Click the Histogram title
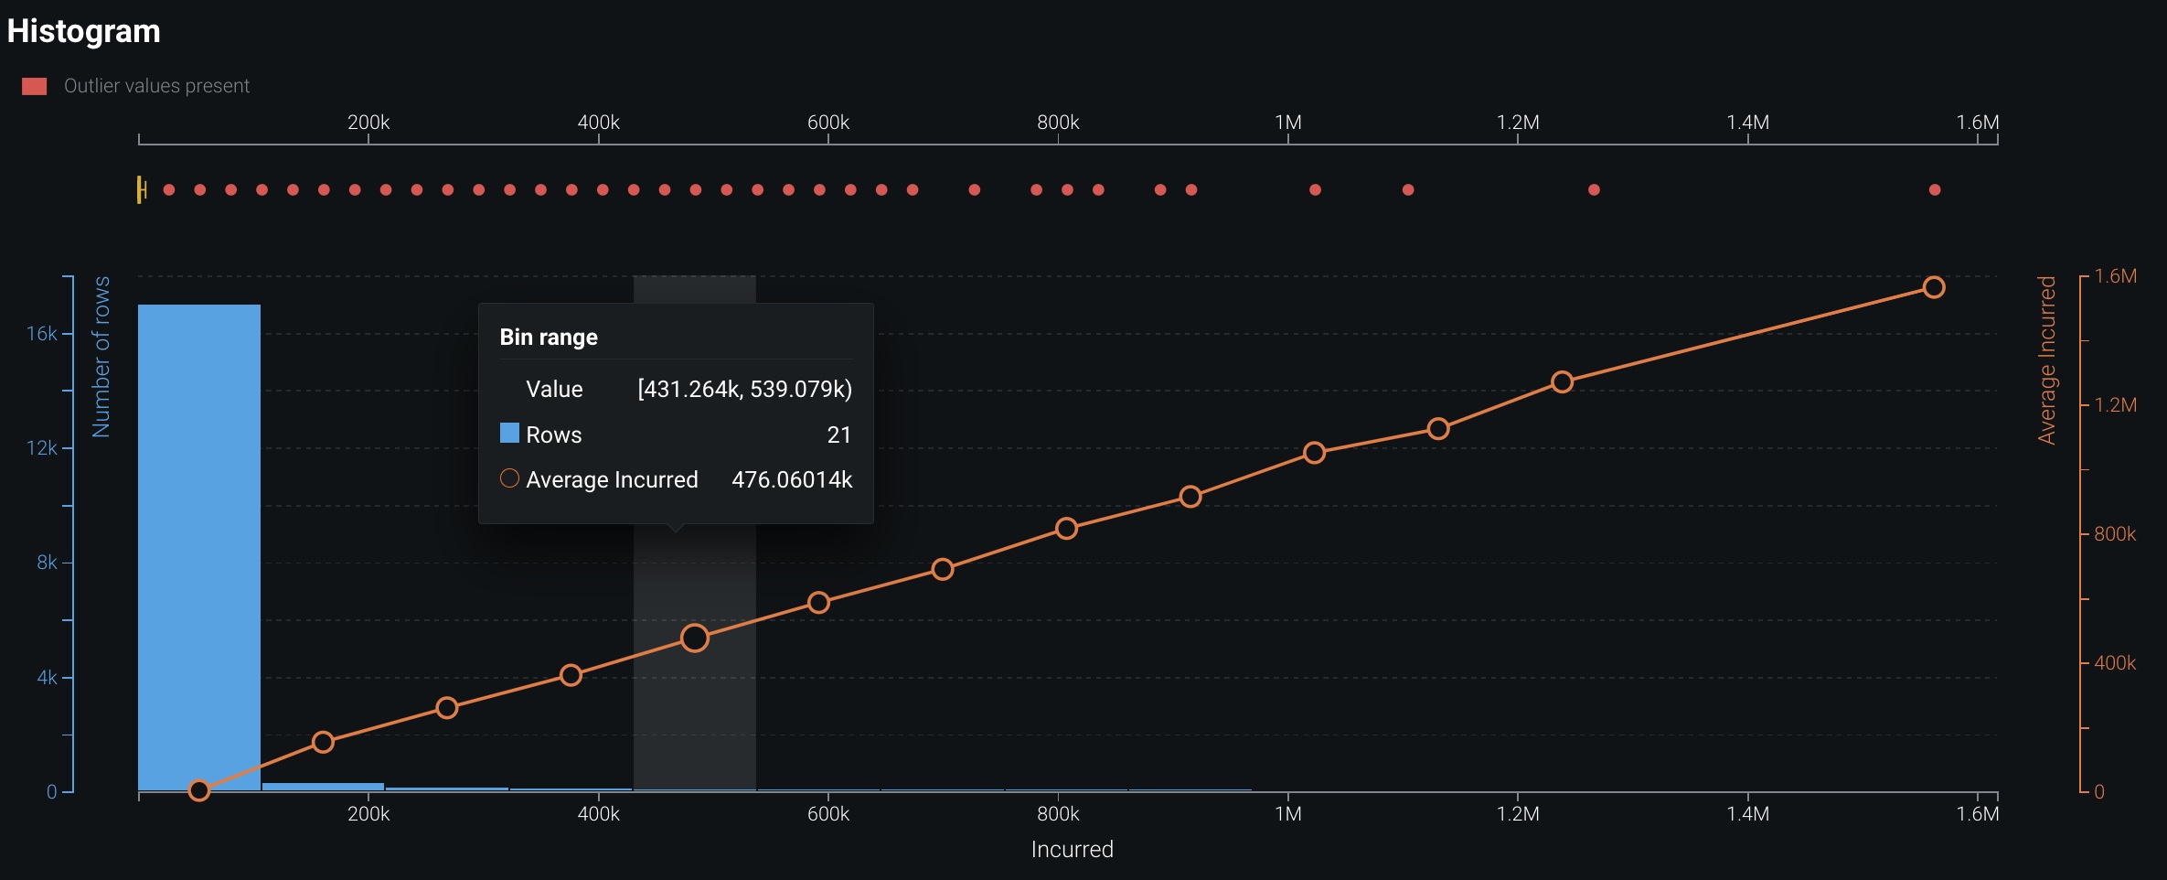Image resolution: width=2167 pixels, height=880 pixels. (x=83, y=31)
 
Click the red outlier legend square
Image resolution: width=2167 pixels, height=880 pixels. (x=35, y=86)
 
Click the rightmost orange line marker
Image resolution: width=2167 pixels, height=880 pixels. (x=1933, y=287)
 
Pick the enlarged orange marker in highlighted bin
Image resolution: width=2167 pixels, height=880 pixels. (x=695, y=638)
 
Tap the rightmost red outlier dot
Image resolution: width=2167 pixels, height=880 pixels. (x=1934, y=190)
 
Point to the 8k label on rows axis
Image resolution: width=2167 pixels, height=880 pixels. (x=47, y=563)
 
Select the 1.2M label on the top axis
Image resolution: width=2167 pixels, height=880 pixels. (x=1518, y=123)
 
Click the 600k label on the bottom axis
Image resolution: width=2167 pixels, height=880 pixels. (x=827, y=814)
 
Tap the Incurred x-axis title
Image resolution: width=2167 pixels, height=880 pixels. (x=1072, y=850)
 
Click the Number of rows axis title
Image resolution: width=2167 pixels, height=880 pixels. (x=101, y=357)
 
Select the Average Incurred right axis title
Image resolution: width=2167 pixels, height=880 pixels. (x=2046, y=360)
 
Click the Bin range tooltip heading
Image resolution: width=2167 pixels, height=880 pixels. (x=549, y=338)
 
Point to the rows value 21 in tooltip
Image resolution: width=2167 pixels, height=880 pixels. (x=838, y=435)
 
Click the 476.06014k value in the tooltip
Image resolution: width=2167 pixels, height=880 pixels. (x=792, y=480)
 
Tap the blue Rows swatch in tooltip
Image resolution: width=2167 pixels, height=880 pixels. (x=509, y=434)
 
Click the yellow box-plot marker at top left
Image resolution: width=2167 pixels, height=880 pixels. (x=141, y=189)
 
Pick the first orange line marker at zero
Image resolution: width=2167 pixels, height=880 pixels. (x=198, y=790)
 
